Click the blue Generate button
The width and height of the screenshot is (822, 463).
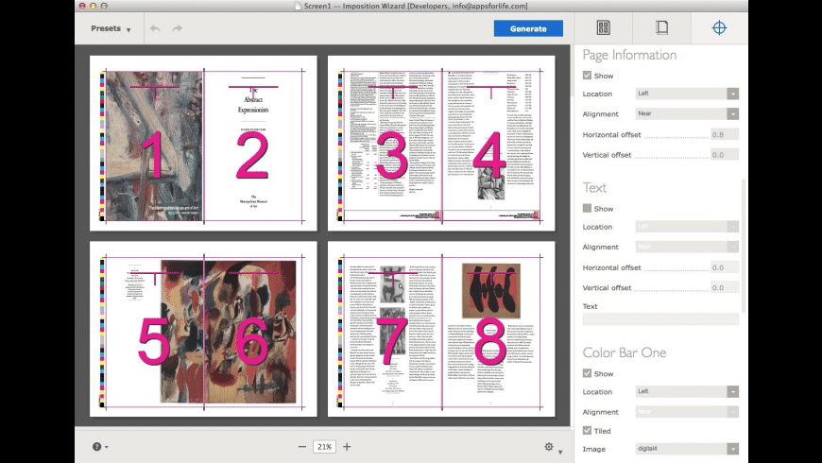pos(528,28)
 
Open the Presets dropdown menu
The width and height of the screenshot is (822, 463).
pos(111,28)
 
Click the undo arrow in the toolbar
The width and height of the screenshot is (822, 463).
pos(155,28)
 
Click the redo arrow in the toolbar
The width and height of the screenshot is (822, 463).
pos(178,28)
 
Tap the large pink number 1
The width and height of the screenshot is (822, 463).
pos(151,157)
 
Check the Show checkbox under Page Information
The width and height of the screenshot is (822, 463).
pos(588,76)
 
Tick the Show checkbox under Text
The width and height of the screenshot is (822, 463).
pos(588,209)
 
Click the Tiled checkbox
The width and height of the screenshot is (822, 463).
pos(588,430)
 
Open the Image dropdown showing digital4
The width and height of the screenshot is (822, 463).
pos(686,449)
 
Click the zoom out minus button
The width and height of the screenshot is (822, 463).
pos(302,447)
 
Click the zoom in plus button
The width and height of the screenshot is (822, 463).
pos(347,447)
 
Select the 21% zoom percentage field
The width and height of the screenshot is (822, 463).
pos(324,447)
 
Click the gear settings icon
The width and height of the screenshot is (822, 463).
pos(549,447)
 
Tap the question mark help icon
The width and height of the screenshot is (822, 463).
pos(96,447)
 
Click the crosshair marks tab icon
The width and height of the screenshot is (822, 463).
pos(719,28)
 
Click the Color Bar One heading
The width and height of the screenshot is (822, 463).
pos(625,352)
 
